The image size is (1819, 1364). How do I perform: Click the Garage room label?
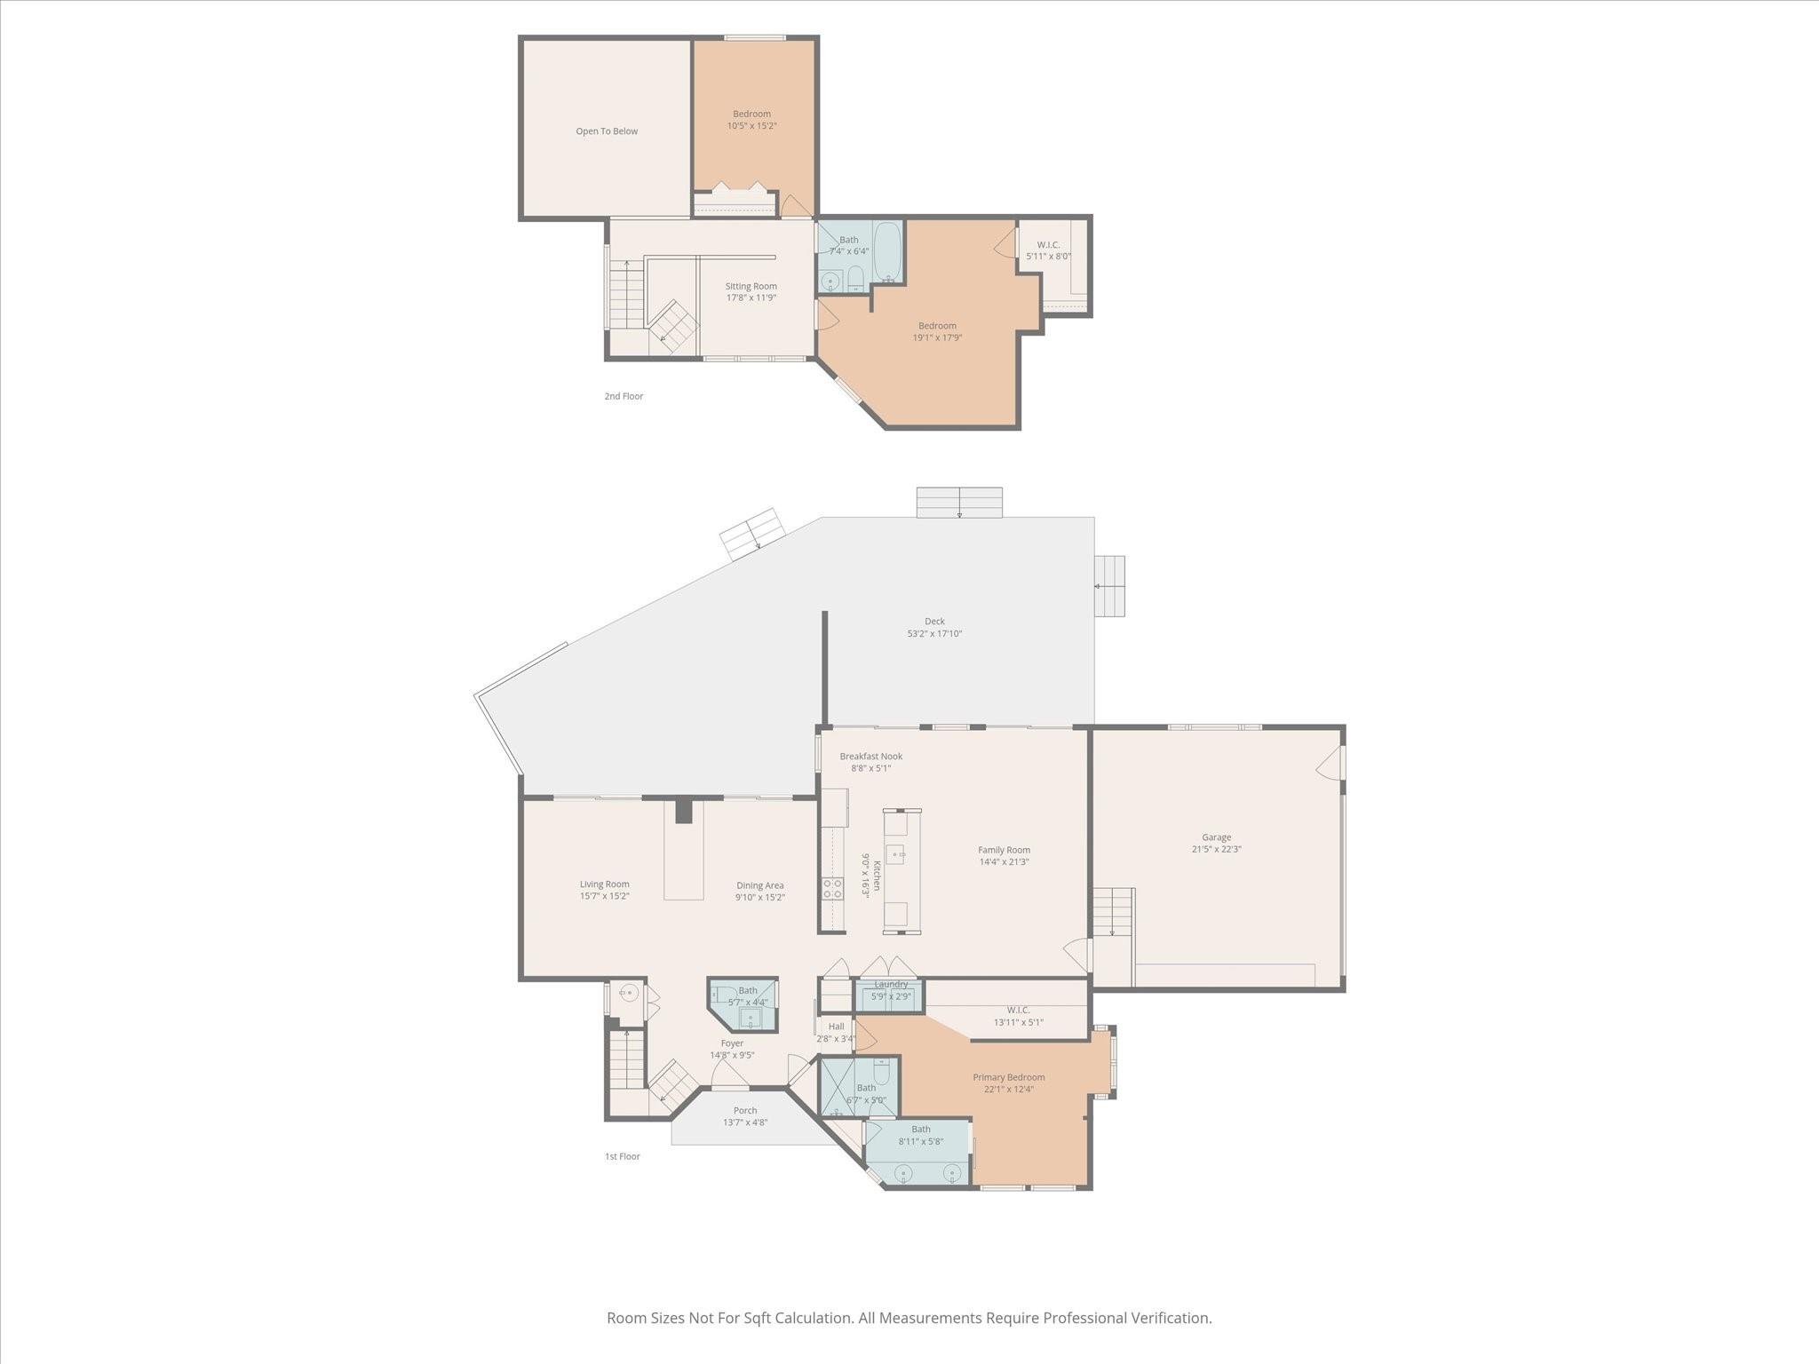tap(1216, 837)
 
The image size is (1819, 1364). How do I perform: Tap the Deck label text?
tap(934, 622)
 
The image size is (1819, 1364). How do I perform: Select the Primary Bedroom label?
tap(1008, 1077)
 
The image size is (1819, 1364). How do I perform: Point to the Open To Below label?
tap(607, 131)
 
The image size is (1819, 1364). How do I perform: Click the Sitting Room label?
tap(751, 286)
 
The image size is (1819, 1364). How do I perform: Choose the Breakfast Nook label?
tap(871, 757)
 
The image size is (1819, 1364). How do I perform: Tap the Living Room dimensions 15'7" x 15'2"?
tap(605, 896)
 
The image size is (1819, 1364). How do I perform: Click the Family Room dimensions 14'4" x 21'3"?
tap(1005, 861)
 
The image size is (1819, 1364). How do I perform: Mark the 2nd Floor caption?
tap(624, 396)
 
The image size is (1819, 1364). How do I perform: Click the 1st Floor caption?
tap(623, 1156)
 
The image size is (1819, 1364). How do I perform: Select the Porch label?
tap(745, 1110)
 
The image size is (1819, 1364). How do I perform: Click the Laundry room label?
tap(891, 984)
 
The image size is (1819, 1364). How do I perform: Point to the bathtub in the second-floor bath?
tap(887, 251)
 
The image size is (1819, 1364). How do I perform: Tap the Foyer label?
tap(732, 1043)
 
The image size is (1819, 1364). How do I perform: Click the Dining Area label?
tap(760, 885)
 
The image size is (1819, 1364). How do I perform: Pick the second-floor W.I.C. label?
tap(1048, 245)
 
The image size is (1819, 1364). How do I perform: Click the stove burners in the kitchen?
tap(832, 888)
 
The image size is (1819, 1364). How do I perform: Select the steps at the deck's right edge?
tap(1109, 586)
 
